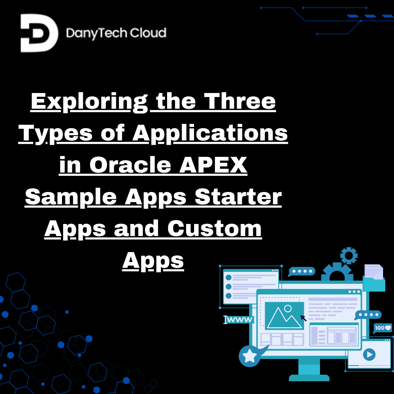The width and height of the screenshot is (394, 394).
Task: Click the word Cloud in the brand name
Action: (148, 34)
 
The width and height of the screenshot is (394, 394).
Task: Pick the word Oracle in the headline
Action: (130, 165)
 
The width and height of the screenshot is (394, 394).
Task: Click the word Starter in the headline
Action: (238, 197)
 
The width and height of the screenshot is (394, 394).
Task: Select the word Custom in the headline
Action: (215, 229)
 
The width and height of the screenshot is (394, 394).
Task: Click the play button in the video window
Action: (369, 354)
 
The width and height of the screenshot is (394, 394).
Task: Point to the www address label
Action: (239, 320)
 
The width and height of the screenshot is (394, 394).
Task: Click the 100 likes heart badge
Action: (383, 328)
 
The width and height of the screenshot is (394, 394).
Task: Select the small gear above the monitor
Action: (349, 255)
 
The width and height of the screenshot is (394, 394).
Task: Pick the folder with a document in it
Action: (374, 278)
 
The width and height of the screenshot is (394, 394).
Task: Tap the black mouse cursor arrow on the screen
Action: (303, 318)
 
